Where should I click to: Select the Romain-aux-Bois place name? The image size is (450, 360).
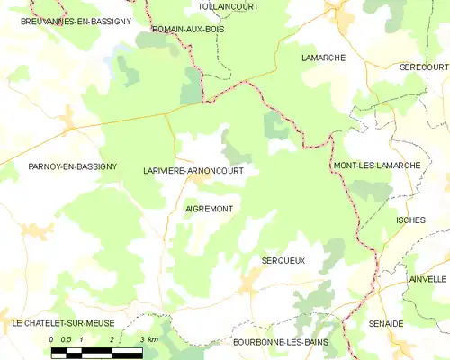click(x=188, y=30)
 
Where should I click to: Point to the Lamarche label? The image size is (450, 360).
click(x=323, y=58)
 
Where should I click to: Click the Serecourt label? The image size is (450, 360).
click(x=424, y=67)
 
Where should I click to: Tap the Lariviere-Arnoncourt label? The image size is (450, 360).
click(x=193, y=169)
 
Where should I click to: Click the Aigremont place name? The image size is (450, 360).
click(x=209, y=209)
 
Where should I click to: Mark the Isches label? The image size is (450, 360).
click(x=409, y=220)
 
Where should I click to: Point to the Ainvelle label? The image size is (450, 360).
click(x=427, y=279)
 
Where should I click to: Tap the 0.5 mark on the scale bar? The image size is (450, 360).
click(x=67, y=339)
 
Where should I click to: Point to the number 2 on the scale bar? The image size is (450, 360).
click(x=112, y=339)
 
